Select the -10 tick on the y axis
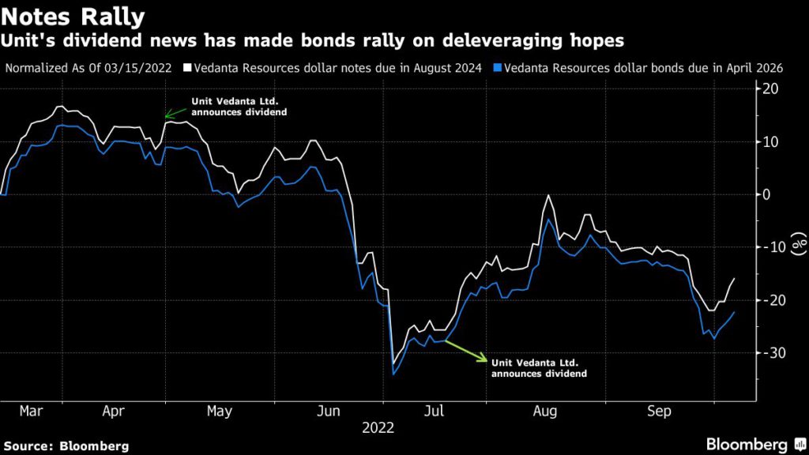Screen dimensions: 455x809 767,247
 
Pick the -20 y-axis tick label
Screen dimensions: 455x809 767,300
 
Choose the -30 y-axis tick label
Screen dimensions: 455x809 767,352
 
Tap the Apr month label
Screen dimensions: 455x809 114,412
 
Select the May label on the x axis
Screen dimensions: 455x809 219,412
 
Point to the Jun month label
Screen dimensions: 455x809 327,412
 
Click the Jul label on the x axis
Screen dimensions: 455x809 433,412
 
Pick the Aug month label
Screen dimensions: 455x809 545,412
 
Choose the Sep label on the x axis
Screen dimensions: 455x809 659,412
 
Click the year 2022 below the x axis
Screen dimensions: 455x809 378,428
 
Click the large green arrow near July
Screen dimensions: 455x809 466,351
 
